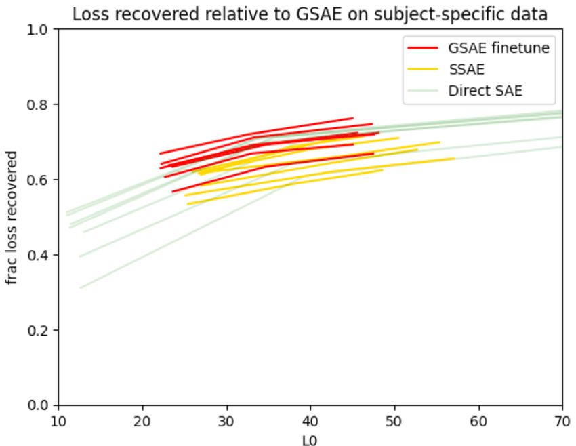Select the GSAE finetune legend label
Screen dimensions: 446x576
(498, 47)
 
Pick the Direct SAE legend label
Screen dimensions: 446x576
(485, 91)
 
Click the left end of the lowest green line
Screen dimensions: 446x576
(80, 288)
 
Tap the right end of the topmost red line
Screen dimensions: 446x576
(353, 118)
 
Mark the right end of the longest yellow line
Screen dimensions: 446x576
(454, 158)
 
